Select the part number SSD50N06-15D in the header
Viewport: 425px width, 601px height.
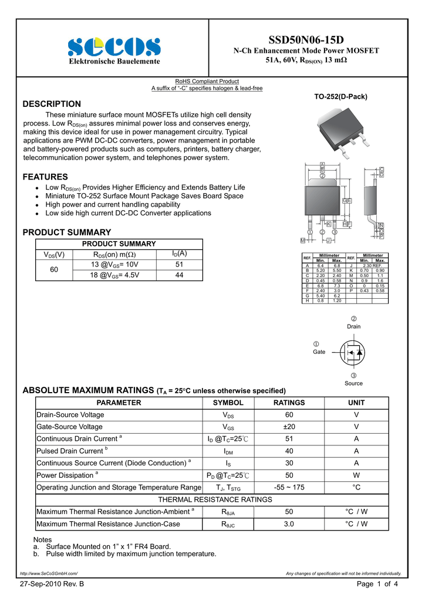[x=306, y=40]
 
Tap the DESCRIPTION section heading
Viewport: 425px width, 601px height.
[x=52, y=104]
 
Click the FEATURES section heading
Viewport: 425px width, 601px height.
[x=45, y=177]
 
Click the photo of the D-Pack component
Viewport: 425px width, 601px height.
[x=343, y=131]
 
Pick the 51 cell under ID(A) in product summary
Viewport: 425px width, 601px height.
[x=180, y=265]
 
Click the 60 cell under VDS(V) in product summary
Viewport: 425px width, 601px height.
[x=54, y=270]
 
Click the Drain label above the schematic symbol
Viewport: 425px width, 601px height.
[x=354, y=326]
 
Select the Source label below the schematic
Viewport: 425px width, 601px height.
[x=354, y=383]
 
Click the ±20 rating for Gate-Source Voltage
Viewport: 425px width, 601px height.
[x=289, y=427]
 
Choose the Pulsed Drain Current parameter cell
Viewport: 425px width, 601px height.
[x=70, y=451]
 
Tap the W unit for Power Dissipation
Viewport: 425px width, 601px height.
[x=356, y=475]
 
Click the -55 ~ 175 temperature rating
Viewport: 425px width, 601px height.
[x=289, y=487]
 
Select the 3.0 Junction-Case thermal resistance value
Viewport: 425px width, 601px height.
[x=289, y=524]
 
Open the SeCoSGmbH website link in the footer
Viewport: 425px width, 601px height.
[x=49, y=573]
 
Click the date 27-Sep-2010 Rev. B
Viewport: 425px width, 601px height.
[x=52, y=585]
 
